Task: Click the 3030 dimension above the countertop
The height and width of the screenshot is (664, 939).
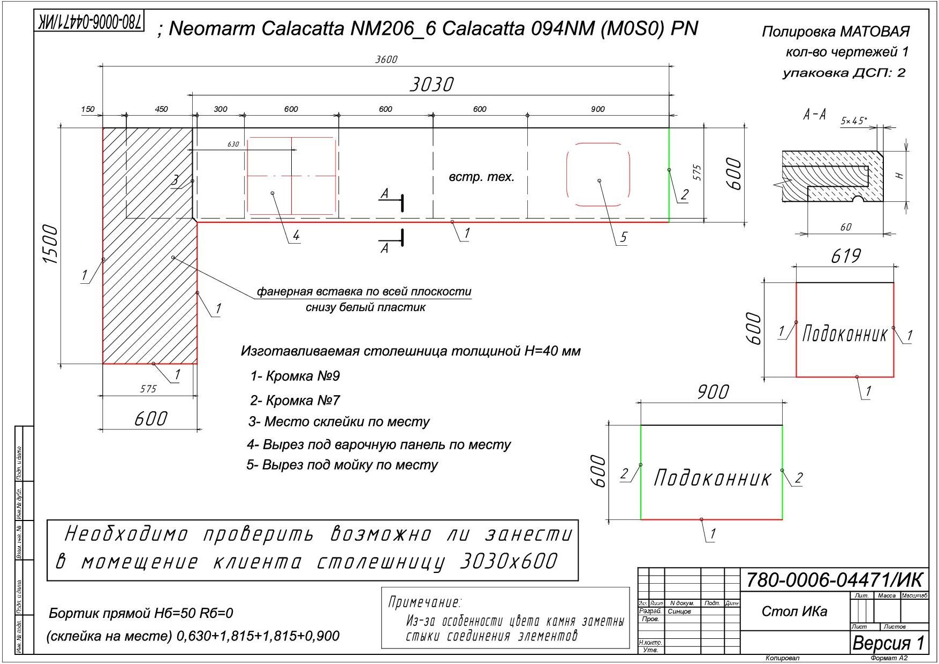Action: pyautogui.click(x=431, y=85)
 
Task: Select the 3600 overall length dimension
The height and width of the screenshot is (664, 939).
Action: pyautogui.click(x=386, y=59)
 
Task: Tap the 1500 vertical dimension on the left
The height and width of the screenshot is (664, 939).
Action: pyautogui.click(x=50, y=244)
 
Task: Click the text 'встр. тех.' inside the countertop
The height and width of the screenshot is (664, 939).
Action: pyautogui.click(x=481, y=177)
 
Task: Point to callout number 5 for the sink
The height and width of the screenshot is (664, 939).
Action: pyautogui.click(x=623, y=238)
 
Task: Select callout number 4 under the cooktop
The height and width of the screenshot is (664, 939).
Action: pyautogui.click(x=296, y=236)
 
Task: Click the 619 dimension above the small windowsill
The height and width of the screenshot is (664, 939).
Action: pyautogui.click(x=845, y=256)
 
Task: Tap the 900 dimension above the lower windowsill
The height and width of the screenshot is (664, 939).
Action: pyautogui.click(x=713, y=393)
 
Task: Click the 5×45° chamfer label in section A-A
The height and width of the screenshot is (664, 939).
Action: pyautogui.click(x=853, y=121)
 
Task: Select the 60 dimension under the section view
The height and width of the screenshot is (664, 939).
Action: pyautogui.click(x=845, y=227)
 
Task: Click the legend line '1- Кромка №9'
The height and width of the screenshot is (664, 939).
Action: pyautogui.click(x=295, y=376)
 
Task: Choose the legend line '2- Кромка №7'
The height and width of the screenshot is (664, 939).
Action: pyautogui.click(x=295, y=401)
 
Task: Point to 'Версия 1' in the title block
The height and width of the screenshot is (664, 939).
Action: pyautogui.click(x=888, y=643)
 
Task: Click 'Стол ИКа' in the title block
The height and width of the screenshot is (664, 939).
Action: pyautogui.click(x=794, y=612)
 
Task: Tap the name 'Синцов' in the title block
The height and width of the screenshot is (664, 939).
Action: pyautogui.click(x=679, y=611)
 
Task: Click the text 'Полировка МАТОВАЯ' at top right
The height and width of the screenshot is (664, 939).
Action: pyautogui.click(x=835, y=32)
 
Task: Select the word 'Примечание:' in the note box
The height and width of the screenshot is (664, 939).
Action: pyautogui.click(x=425, y=602)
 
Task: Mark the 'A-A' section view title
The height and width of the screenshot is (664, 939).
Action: pyautogui.click(x=814, y=114)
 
